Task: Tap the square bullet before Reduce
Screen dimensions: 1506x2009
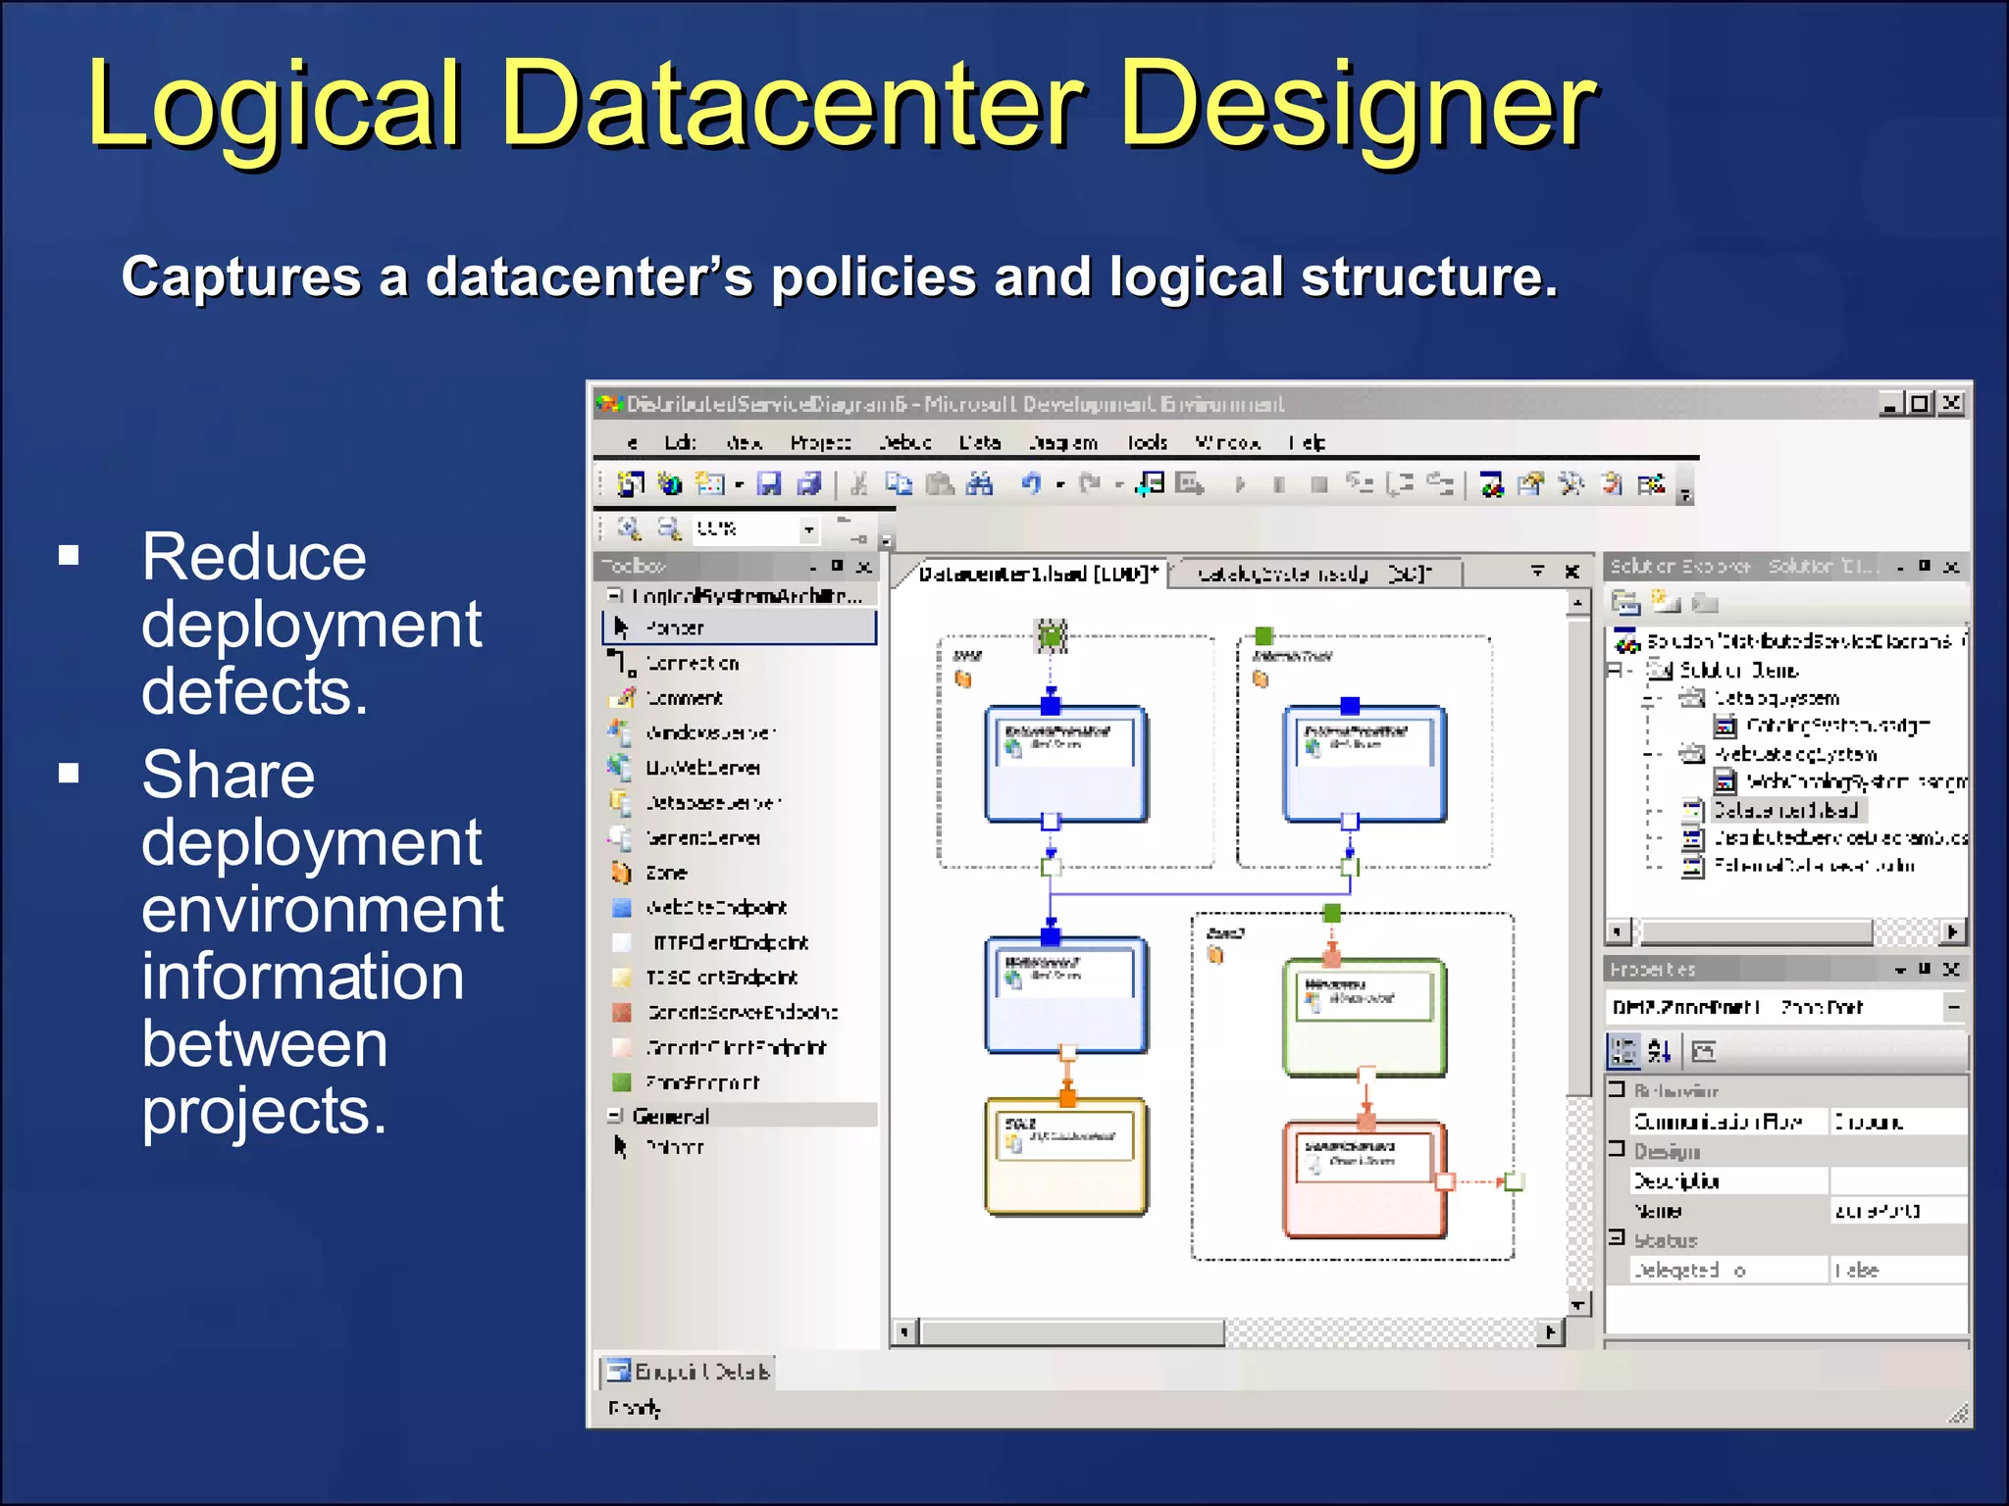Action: click(69, 556)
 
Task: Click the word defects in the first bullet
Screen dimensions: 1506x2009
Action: click(254, 691)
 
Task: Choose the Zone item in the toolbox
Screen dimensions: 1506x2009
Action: click(665, 873)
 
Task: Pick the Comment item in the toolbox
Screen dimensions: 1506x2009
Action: click(684, 698)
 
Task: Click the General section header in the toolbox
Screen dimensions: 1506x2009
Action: click(670, 1116)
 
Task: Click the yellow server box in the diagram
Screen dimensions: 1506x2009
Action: click(1066, 1157)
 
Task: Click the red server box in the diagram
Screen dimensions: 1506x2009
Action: click(1364, 1181)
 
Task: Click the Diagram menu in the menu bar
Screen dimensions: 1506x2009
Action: click(1062, 443)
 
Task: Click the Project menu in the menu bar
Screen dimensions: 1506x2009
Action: click(820, 443)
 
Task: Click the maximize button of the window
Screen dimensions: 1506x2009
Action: click(1920, 404)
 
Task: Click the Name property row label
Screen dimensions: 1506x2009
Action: click(1658, 1211)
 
